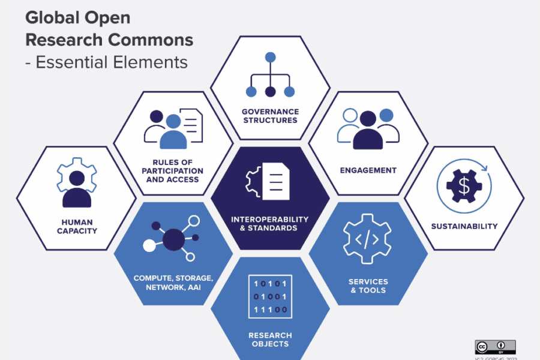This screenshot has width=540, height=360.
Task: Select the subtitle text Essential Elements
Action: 112,62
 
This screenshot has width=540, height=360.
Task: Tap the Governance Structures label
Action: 270,116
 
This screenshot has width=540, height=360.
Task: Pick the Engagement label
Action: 368,170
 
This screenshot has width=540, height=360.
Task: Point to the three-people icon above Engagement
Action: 368,128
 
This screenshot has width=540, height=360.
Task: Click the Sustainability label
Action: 464,226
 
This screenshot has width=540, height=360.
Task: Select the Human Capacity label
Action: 77,226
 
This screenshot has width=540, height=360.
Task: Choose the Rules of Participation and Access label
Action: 173,171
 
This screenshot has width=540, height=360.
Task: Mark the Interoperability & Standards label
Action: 270,223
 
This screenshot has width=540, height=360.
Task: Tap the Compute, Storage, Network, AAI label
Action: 173,283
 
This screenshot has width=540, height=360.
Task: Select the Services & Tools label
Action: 368,286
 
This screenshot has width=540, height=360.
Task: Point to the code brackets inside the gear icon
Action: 367,239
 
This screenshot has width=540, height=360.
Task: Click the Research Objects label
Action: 270,339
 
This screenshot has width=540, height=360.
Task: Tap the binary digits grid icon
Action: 270,297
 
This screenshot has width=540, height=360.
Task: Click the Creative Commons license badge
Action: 496,347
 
